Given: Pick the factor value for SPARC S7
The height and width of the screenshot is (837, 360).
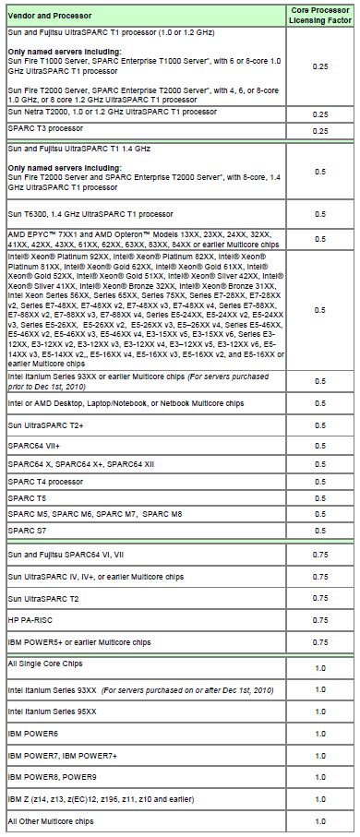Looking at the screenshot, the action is tap(320, 532).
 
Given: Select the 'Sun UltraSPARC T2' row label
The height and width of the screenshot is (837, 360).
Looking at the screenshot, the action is tap(42, 597).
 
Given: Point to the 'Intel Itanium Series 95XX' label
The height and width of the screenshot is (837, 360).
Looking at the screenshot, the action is tap(52, 711).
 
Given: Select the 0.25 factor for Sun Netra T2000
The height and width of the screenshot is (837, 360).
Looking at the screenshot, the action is tap(320, 113).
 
